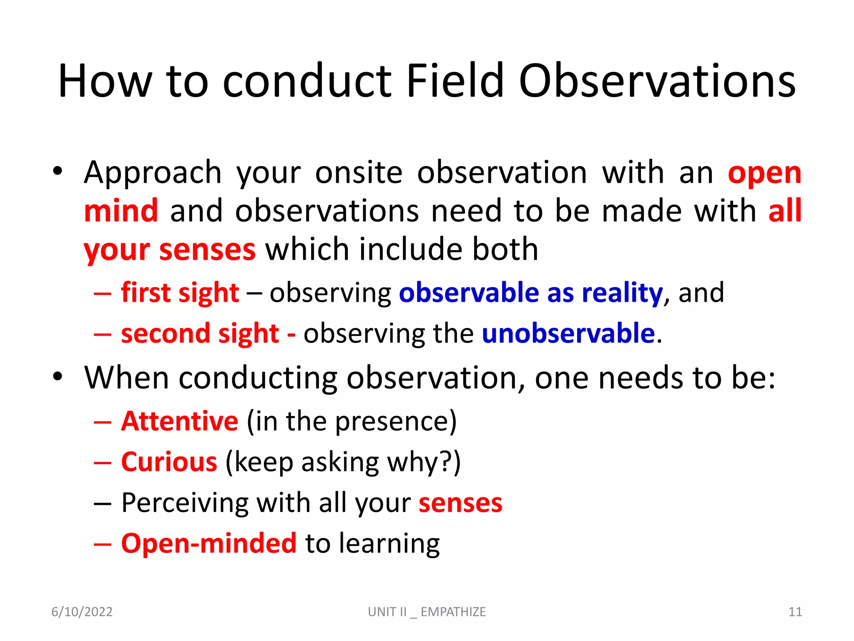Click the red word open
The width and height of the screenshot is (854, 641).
point(764,174)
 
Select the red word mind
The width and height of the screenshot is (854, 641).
point(121,211)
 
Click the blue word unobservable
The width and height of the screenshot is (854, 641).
point(568,333)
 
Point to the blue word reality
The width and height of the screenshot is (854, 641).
point(622,293)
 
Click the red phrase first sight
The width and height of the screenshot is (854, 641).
point(180,293)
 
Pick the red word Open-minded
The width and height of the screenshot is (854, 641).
point(208,543)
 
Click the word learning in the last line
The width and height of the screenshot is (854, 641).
point(389,544)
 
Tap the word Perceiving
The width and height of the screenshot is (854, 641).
point(185,503)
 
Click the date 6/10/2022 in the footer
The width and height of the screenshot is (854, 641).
point(82,612)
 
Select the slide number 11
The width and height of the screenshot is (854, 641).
point(795,612)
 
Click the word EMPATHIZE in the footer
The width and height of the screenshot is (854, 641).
point(453,612)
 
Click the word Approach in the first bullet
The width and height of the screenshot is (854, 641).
point(152,173)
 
